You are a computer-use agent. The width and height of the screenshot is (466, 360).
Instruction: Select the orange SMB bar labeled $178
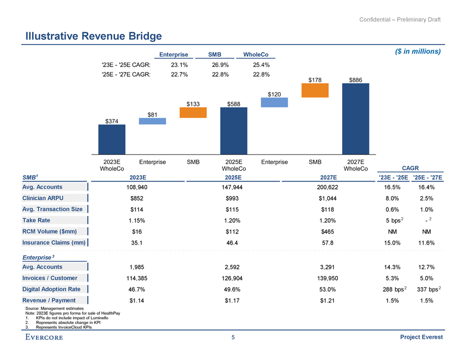[x=315, y=91]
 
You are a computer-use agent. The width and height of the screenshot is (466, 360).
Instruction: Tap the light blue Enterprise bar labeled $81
[x=152, y=121]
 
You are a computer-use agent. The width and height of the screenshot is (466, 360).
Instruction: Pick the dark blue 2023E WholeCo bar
[x=112, y=139]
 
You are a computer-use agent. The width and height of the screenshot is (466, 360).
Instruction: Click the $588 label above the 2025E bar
[x=234, y=104]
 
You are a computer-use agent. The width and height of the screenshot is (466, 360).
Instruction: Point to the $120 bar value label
[x=274, y=94]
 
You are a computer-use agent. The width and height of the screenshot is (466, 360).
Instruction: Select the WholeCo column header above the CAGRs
[x=256, y=55]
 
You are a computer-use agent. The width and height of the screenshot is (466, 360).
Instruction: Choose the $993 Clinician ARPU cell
[x=234, y=199]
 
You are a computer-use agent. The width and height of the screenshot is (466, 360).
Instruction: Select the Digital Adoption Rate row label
[x=51, y=289]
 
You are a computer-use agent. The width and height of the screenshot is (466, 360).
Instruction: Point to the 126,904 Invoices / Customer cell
[x=234, y=278]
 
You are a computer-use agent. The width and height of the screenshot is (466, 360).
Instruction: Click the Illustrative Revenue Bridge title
[x=94, y=36]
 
